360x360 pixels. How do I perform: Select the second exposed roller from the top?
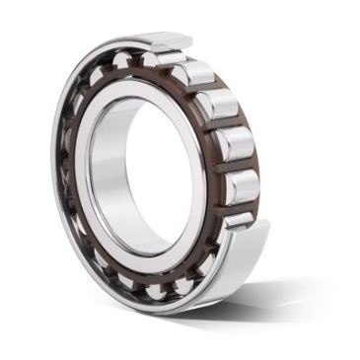tap(216, 105)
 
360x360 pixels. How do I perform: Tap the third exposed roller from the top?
tap(235, 144)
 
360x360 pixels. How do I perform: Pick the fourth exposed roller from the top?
tap(241, 186)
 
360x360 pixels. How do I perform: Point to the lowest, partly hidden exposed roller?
tap(238, 221)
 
